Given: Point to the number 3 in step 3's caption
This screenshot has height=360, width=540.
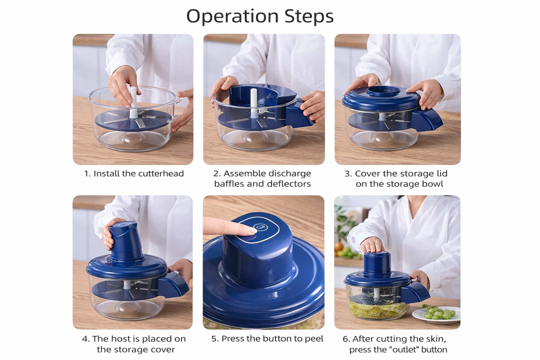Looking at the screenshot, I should (x=348, y=174).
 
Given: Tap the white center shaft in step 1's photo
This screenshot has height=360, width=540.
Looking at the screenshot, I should (x=133, y=103).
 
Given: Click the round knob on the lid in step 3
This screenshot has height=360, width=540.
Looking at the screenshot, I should (x=383, y=91).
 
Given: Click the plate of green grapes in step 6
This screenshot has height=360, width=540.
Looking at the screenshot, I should (x=436, y=314).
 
